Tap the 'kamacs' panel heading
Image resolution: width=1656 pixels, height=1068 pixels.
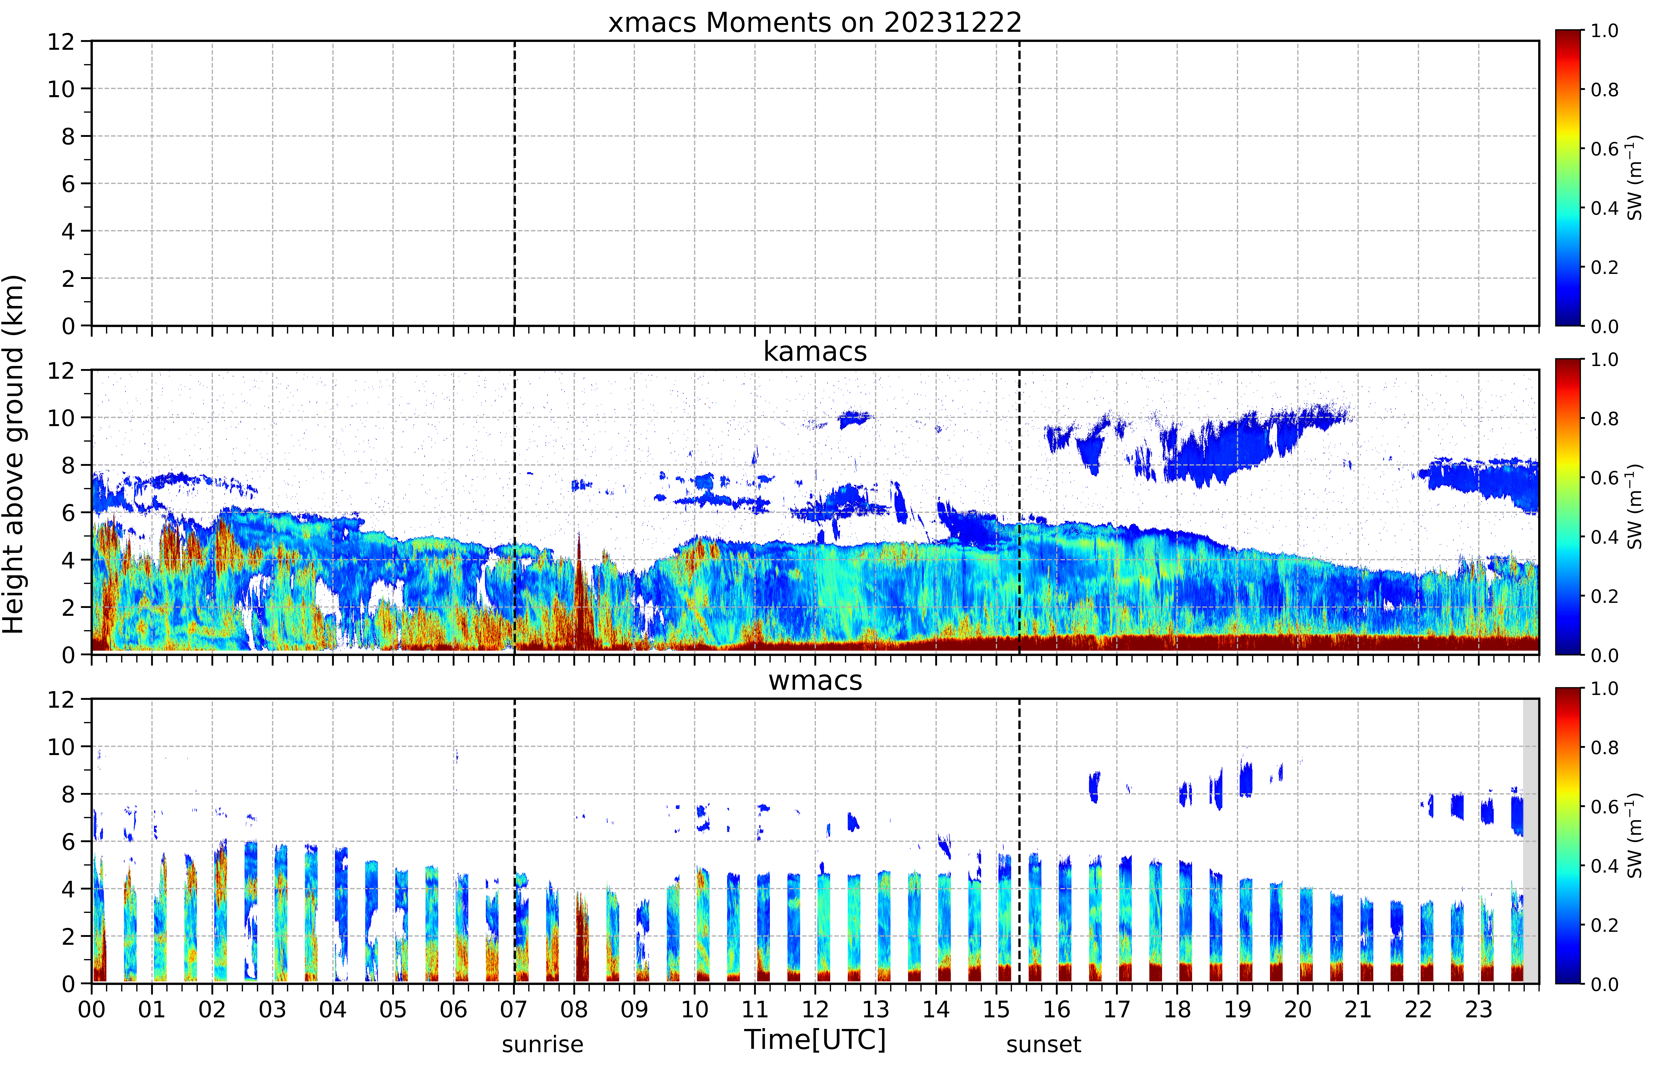click(x=815, y=352)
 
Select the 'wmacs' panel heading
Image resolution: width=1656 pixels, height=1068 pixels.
click(x=815, y=680)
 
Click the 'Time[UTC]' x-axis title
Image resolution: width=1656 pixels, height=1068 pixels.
click(x=815, y=1039)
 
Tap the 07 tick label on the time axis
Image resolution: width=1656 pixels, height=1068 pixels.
click(x=514, y=1009)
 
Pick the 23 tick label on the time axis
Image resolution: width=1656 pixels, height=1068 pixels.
click(x=1479, y=1009)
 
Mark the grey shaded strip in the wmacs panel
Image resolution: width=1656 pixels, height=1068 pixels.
click(x=1531, y=841)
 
